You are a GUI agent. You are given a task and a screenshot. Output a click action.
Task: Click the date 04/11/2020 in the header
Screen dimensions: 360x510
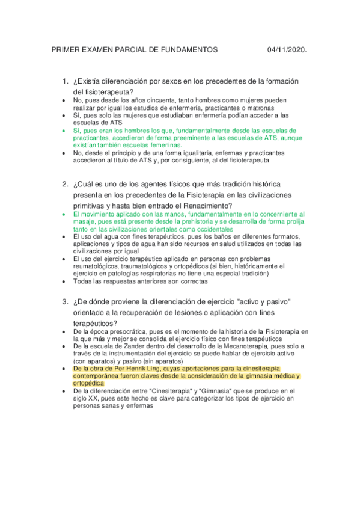pyautogui.click(x=288, y=49)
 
